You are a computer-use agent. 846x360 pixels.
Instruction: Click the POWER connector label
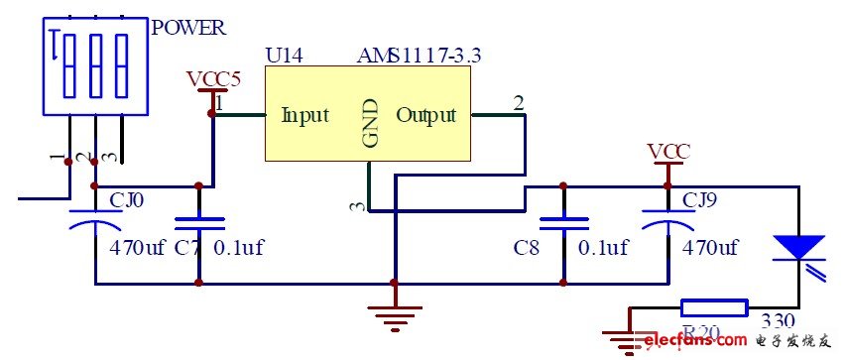click(188, 28)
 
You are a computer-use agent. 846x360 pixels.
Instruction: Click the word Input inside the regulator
click(304, 115)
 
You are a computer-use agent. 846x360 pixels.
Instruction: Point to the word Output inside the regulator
click(426, 115)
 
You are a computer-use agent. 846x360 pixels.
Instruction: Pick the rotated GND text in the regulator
click(371, 123)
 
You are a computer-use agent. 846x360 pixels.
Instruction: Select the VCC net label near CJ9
click(668, 151)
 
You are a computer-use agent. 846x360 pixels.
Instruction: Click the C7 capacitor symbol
click(199, 225)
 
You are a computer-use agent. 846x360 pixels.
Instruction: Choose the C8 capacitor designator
click(527, 247)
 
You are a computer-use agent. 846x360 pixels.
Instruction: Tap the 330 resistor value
click(777, 321)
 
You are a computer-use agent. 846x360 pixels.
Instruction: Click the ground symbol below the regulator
click(395, 318)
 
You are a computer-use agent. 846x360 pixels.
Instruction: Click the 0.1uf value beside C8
click(603, 247)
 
